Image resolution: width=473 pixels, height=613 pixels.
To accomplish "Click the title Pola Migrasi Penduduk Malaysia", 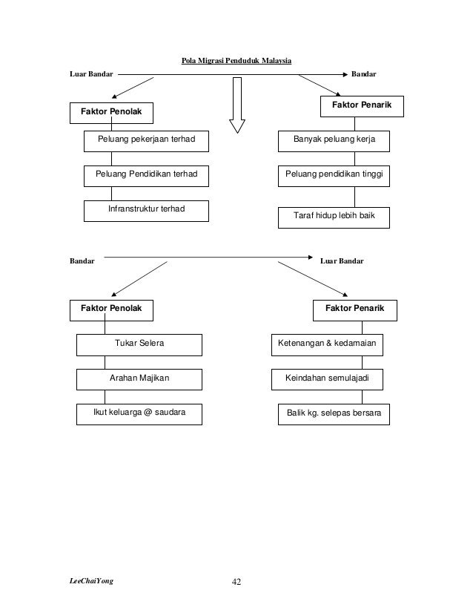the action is pyautogui.click(x=236, y=61).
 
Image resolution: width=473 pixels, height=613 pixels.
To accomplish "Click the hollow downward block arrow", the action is pyautogui.click(x=237, y=105).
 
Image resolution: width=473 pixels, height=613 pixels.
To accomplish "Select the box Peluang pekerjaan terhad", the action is pyautogui.click(x=147, y=141).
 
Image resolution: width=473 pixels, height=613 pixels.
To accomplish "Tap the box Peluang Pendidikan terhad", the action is pyautogui.click(x=147, y=176).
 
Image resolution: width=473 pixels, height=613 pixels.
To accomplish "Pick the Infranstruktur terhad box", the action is pyautogui.click(x=147, y=211).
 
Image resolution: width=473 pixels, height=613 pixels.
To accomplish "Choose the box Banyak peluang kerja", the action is pyautogui.click(x=334, y=141).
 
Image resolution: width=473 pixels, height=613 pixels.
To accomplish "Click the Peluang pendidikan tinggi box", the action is pyautogui.click(x=334, y=176).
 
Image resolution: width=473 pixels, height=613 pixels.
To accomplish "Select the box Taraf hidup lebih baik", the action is pyautogui.click(x=334, y=217).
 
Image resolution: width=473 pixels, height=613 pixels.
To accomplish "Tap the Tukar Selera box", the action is pyautogui.click(x=139, y=345).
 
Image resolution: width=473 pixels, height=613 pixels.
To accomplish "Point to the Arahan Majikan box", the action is pyautogui.click(x=139, y=379).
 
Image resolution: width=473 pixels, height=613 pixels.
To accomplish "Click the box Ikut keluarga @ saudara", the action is pyautogui.click(x=139, y=414).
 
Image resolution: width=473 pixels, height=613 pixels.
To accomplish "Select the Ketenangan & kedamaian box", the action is pyautogui.click(x=327, y=345).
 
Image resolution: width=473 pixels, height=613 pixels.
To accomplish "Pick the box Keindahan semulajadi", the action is pyautogui.click(x=327, y=379).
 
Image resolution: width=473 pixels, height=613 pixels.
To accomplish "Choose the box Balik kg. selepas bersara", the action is pyautogui.click(x=334, y=414).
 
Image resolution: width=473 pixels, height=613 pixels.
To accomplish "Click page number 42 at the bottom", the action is pyautogui.click(x=236, y=582).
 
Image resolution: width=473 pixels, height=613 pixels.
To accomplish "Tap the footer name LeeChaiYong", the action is pyautogui.click(x=91, y=581).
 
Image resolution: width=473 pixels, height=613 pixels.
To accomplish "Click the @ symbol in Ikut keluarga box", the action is pyautogui.click(x=148, y=413).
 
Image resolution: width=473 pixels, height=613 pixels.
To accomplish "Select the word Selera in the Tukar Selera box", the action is pyautogui.click(x=151, y=344).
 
